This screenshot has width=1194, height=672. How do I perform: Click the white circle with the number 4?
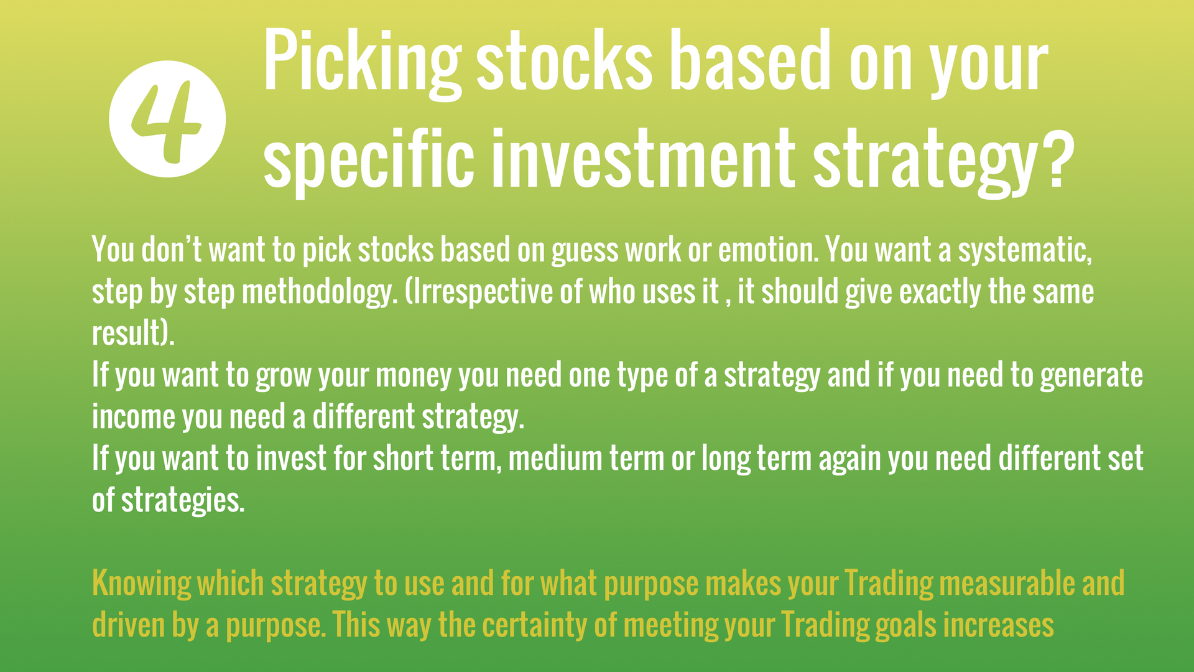click(x=167, y=119)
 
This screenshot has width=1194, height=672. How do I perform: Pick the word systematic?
click(x=1024, y=251)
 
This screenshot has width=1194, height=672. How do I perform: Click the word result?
click(x=127, y=333)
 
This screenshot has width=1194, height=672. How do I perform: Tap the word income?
click(x=134, y=416)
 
